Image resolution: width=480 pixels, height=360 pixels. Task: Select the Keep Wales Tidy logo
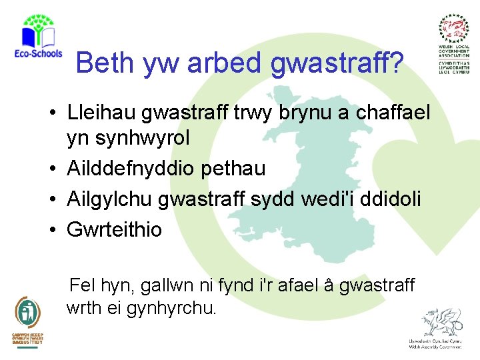click(x=27, y=320)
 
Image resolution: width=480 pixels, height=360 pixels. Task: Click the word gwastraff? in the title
click(x=337, y=63)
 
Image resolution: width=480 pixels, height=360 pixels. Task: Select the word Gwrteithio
click(x=114, y=230)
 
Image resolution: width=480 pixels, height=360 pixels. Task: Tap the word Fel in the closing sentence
click(x=83, y=285)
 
